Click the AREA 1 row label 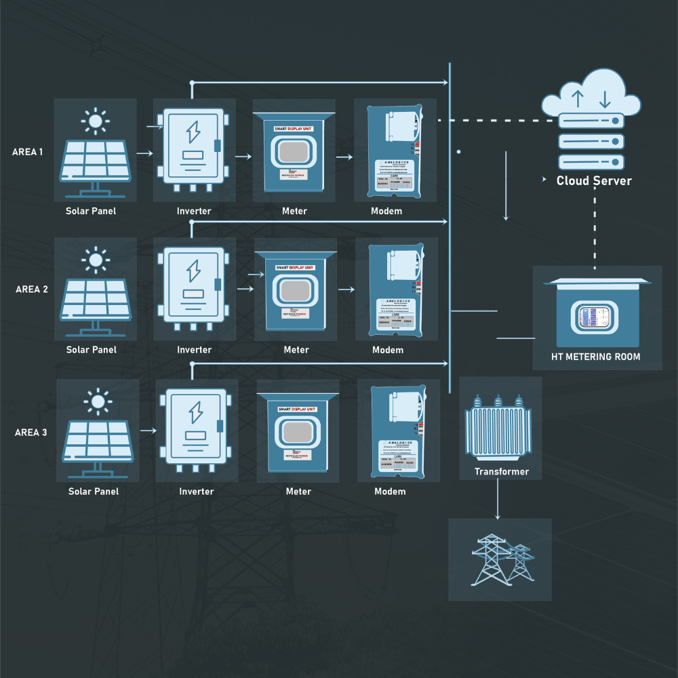[28, 152]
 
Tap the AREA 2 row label [32, 290]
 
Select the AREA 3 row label [31, 432]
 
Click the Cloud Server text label [594, 181]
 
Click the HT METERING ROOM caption [596, 357]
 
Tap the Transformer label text [502, 472]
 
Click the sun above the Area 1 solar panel [95, 121]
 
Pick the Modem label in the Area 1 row [386, 211]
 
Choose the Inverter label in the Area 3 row [197, 492]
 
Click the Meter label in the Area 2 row [296, 350]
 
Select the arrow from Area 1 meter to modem [344, 157]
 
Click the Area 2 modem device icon [396, 290]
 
